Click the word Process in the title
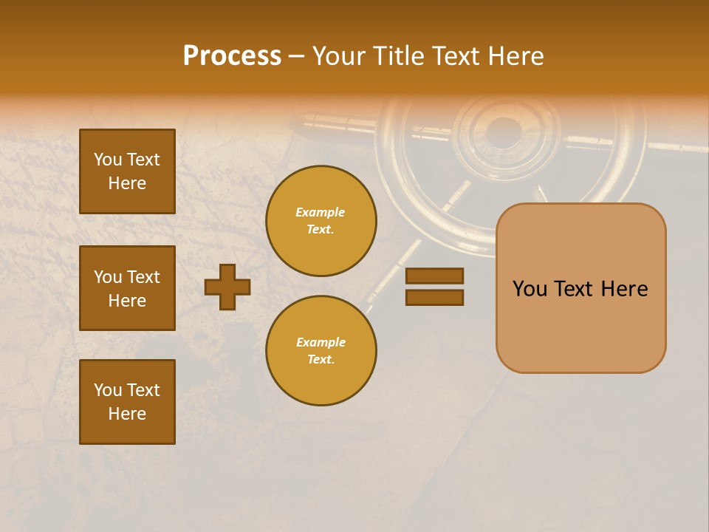tap(232, 56)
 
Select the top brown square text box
tap(127, 171)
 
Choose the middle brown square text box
tap(127, 288)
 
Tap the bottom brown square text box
tap(127, 402)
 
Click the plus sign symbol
tap(227, 287)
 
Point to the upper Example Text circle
tap(321, 221)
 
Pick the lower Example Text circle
tap(321, 351)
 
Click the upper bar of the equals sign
tap(434, 276)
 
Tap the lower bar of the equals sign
tap(434, 297)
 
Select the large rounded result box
tap(580, 288)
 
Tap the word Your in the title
tap(340, 56)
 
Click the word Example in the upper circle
tap(321, 212)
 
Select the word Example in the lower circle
tap(321, 342)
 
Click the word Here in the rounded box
tap(624, 289)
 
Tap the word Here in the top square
tap(127, 183)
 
